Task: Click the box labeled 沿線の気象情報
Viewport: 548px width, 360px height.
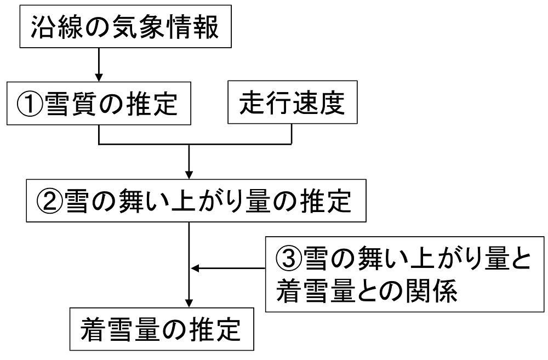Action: pos(125,26)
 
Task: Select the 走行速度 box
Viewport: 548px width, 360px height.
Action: pos(293,102)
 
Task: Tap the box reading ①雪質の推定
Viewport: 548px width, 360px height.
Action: pos(99,104)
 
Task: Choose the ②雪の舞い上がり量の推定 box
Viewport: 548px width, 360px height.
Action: pos(196,201)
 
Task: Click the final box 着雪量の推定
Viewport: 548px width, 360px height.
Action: pos(162,329)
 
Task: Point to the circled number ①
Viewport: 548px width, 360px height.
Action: pos(30,104)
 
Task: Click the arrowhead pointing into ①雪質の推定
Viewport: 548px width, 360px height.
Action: pos(99,77)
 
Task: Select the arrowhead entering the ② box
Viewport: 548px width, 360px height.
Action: pos(189,175)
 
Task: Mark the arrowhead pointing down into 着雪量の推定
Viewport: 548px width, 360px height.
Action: pos(189,303)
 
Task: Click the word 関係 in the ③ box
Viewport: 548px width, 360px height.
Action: pos(431,290)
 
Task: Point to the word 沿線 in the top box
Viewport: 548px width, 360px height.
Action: pos(57,26)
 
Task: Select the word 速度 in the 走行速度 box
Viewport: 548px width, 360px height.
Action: pos(319,103)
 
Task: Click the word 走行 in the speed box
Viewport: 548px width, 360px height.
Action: pos(266,103)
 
